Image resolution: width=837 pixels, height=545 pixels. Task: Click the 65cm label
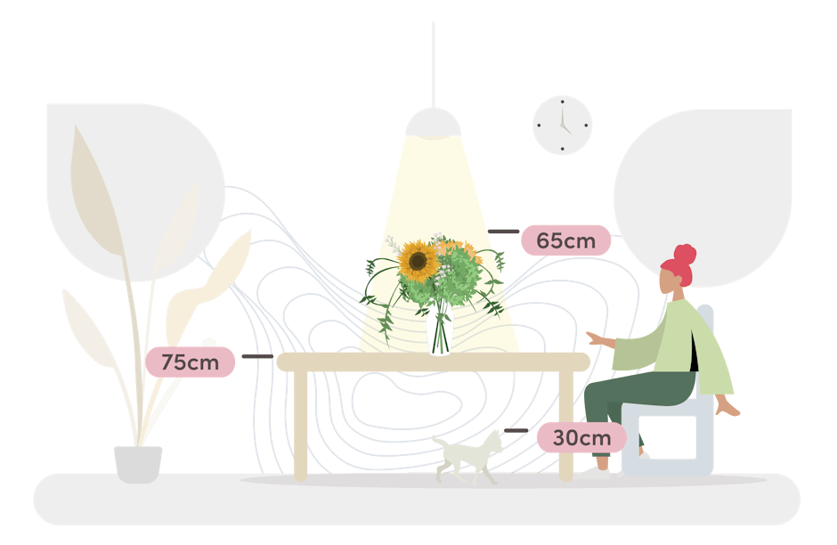(x=565, y=240)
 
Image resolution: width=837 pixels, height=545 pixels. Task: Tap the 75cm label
(x=191, y=362)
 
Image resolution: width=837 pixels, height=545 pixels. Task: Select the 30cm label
(x=581, y=437)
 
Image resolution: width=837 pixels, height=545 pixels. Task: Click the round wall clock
(x=562, y=126)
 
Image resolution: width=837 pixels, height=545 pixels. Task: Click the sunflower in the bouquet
(x=417, y=262)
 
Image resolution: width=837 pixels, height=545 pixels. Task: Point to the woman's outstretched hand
(x=595, y=338)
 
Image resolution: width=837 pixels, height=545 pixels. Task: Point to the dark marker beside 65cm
(x=504, y=232)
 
